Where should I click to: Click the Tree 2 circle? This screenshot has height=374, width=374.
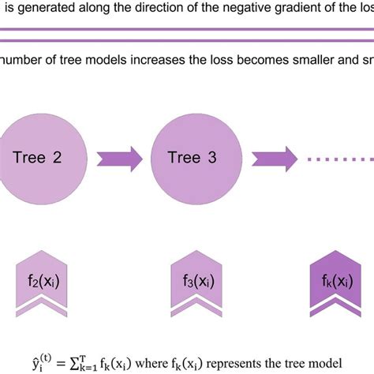coord(37,156)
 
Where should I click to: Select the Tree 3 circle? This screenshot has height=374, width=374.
coord(191,156)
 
